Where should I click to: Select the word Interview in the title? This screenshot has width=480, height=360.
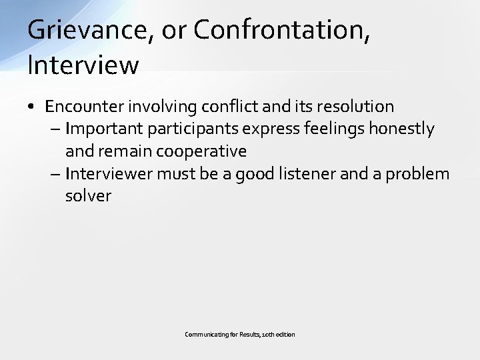click(x=83, y=65)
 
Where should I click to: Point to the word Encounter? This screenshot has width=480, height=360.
click(x=84, y=107)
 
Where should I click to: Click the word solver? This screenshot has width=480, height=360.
click(x=88, y=196)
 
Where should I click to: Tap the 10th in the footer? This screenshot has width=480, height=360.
click(x=275, y=334)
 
